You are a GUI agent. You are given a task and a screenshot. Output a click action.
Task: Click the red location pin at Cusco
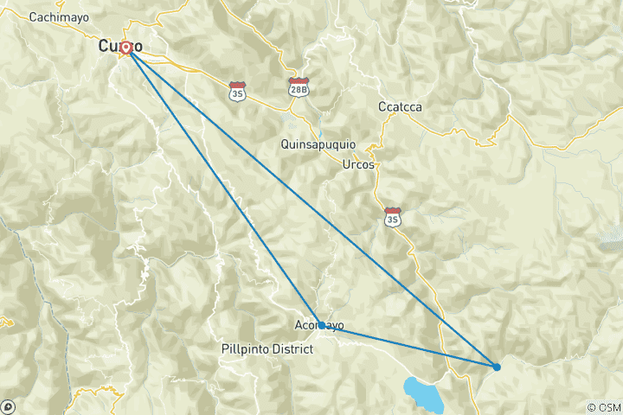[x=126, y=48]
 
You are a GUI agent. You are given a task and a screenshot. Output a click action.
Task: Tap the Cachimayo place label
[x=57, y=17]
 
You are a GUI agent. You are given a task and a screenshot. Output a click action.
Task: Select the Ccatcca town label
[x=400, y=107]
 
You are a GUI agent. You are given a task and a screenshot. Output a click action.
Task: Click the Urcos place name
[x=358, y=164]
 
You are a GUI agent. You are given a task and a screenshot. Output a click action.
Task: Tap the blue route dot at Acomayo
[x=322, y=325]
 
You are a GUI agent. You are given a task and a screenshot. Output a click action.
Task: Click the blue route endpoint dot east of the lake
[x=497, y=367]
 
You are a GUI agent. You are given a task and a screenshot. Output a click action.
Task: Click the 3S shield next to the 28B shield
[x=237, y=89]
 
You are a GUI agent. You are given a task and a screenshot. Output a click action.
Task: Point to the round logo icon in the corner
[x=9, y=405]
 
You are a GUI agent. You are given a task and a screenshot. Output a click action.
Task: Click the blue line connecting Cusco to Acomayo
[x=223, y=185]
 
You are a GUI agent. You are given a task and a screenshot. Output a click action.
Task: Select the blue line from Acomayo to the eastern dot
[x=408, y=346]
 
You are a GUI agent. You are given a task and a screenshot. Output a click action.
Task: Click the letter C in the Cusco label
[x=106, y=46]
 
